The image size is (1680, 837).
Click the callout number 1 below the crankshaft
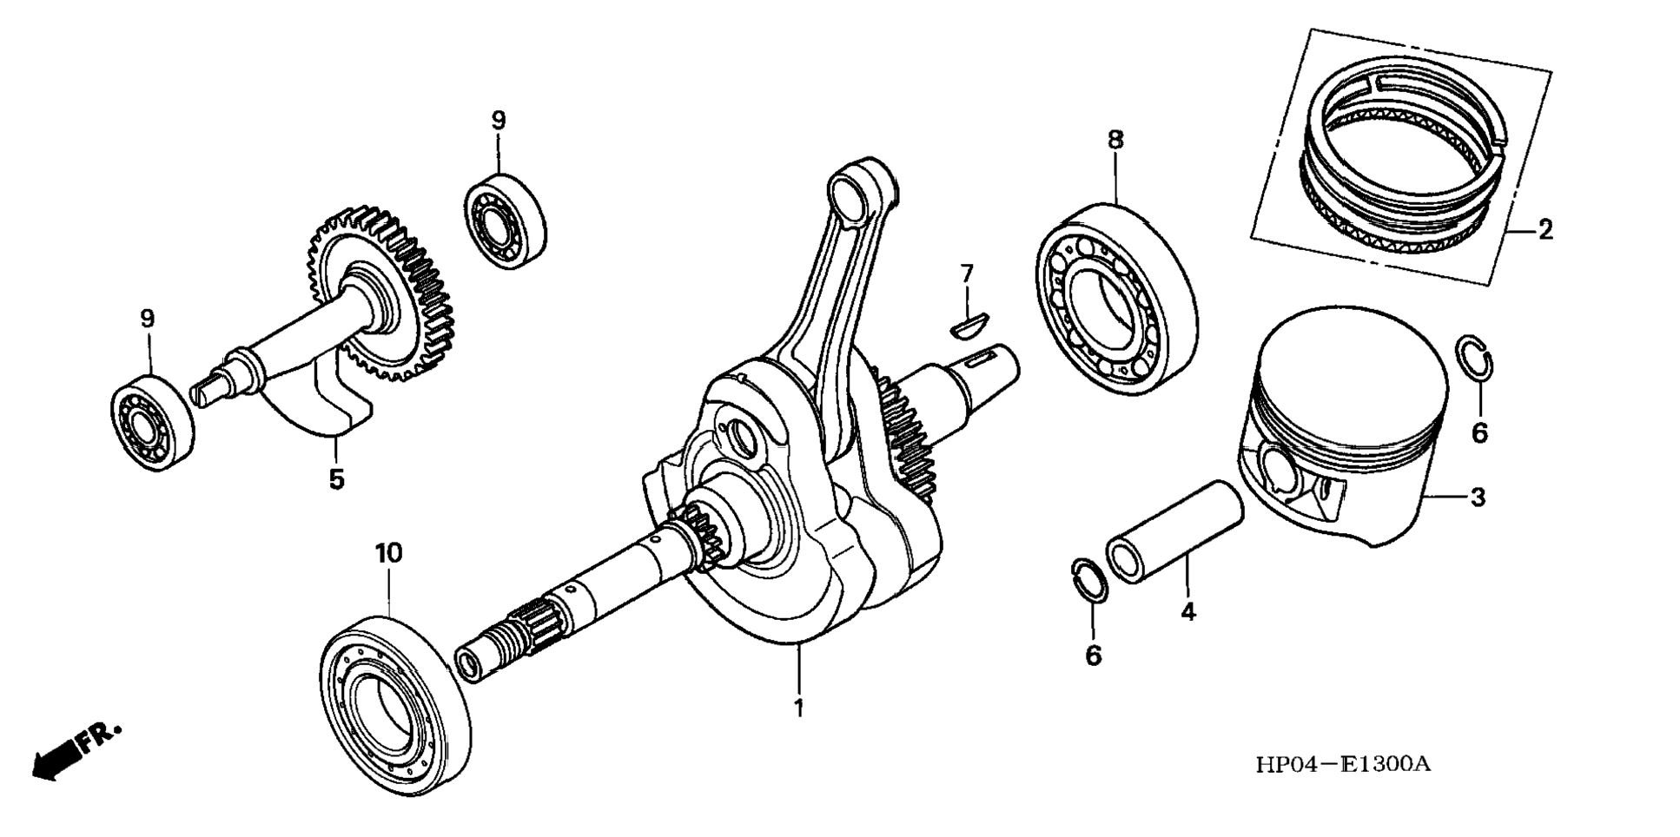798,708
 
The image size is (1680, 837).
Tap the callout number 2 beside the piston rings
1544,230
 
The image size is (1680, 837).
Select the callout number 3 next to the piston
1478,498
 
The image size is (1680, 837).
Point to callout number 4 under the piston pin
1187,611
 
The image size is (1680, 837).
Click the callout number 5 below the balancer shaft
336,478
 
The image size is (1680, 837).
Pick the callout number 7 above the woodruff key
967,274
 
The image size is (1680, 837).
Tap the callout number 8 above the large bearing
1115,139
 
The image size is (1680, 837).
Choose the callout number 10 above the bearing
388,553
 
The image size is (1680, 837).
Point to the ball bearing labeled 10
395,699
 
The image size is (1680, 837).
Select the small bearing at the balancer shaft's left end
153,422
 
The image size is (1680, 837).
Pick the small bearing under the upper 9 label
504,221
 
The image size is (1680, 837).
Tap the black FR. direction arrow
54,761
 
